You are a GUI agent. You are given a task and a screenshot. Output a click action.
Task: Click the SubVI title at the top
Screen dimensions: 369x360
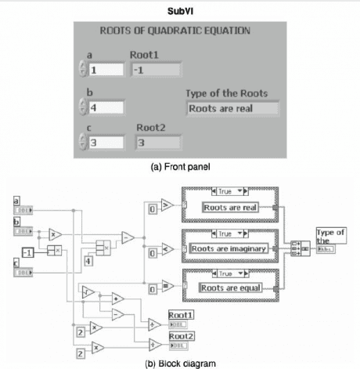point(182,11)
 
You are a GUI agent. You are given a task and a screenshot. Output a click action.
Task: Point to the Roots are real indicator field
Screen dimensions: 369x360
point(221,108)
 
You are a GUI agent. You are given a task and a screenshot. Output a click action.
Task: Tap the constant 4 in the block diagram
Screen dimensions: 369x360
point(88,260)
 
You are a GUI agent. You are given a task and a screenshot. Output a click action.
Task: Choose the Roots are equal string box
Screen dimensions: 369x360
point(229,287)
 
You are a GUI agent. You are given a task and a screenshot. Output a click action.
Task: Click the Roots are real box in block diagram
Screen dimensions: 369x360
point(229,208)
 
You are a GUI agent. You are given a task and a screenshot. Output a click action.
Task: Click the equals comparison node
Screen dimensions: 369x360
point(166,287)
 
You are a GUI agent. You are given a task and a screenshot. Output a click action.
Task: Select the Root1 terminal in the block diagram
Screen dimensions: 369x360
point(180,324)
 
